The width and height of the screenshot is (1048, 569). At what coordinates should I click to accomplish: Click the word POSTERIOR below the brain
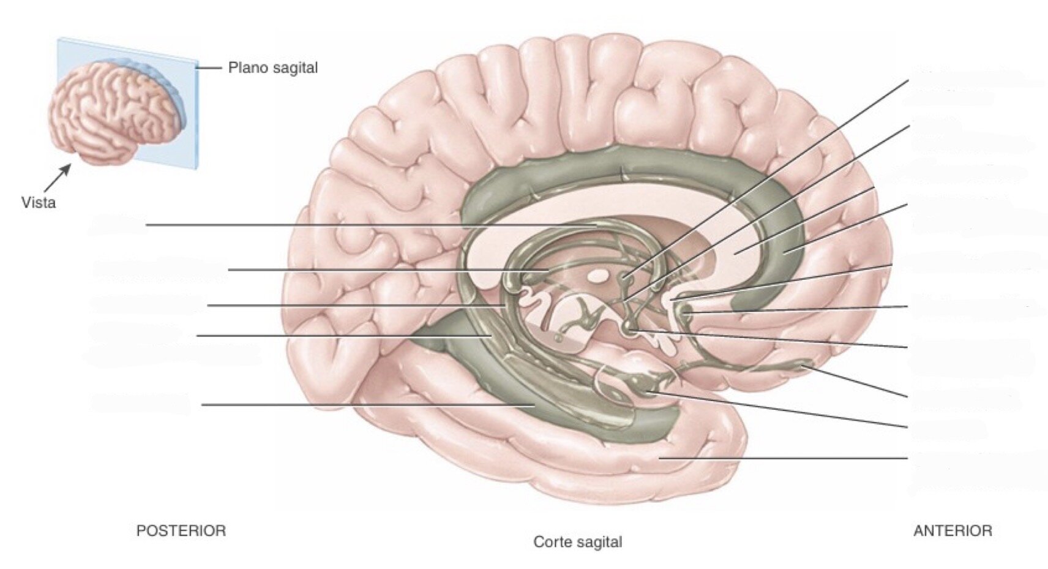181,530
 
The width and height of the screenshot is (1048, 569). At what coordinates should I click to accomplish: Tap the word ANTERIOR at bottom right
953,530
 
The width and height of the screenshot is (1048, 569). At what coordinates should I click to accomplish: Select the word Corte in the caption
552,542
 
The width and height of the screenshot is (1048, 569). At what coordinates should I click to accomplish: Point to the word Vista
39,203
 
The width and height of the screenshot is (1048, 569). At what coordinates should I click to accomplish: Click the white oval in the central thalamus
596,277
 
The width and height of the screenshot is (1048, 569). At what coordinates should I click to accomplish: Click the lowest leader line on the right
784,459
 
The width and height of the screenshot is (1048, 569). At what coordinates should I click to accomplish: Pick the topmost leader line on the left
372,225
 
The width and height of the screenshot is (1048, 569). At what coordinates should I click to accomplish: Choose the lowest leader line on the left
368,405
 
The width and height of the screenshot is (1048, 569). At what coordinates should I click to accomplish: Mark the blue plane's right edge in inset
198,115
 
